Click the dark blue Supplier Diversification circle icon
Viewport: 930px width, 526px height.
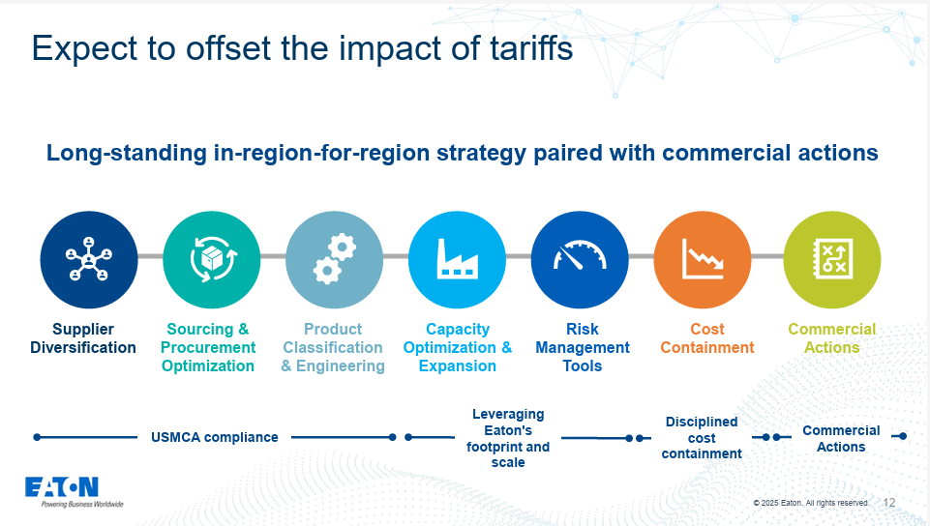(89, 259)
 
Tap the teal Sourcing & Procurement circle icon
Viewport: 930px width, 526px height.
(211, 259)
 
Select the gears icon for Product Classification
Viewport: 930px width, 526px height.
(334, 259)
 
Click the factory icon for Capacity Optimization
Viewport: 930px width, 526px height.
(457, 259)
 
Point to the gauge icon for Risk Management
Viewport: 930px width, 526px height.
(580, 259)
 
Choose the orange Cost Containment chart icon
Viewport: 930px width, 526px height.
(703, 259)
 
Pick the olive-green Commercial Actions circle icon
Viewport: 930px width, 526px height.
(831, 259)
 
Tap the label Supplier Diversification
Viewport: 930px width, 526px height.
(83, 338)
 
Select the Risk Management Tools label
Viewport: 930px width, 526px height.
(583, 347)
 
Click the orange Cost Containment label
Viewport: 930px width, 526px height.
(707, 338)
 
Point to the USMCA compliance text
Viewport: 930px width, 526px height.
(215, 437)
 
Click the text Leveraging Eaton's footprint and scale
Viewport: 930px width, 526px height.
(508, 438)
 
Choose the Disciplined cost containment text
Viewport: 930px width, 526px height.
(702, 437)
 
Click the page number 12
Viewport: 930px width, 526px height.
(889, 503)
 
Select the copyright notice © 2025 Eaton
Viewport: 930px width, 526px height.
(811, 503)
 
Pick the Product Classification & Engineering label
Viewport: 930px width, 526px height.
(333, 347)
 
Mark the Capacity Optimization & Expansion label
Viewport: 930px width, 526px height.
(458, 347)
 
